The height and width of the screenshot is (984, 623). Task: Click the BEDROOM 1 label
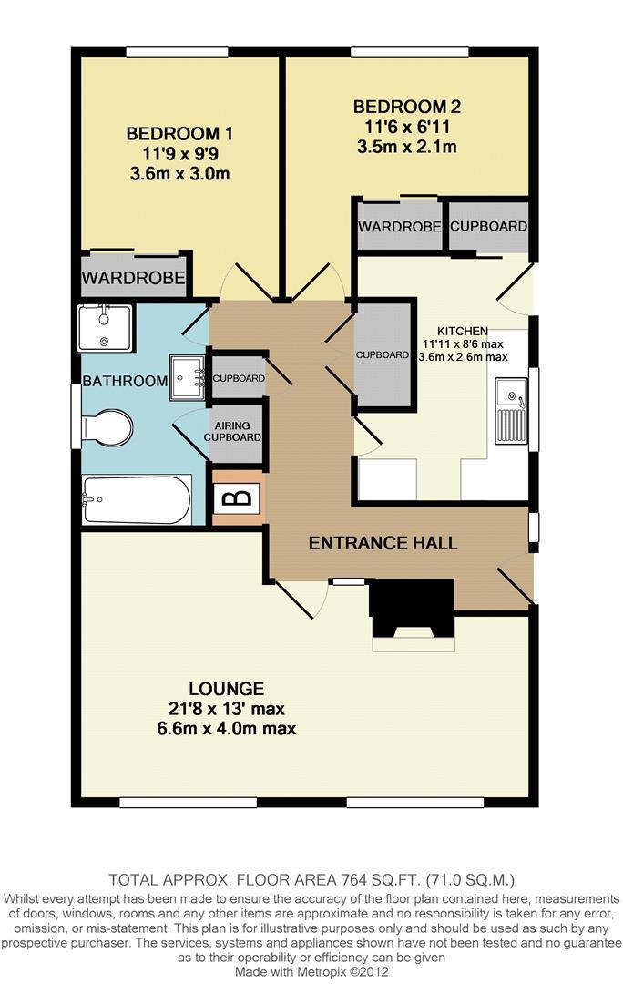[179, 134]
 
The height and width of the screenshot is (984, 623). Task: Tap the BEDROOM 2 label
[407, 107]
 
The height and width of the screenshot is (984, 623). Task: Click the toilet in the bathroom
[107, 429]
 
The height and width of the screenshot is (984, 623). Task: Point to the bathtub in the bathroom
[137, 499]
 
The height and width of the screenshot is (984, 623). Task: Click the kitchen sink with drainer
[511, 410]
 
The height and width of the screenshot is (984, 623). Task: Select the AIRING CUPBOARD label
[232, 431]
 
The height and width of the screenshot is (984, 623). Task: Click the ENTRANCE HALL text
[383, 543]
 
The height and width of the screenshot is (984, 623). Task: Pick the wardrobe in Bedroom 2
[399, 225]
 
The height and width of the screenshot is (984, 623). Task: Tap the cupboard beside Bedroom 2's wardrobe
[488, 226]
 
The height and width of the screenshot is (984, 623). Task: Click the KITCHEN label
[463, 331]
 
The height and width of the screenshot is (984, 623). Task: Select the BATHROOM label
[125, 381]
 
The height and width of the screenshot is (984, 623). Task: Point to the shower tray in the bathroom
[104, 328]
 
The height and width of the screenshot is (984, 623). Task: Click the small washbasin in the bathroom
[187, 377]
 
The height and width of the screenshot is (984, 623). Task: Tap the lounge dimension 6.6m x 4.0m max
[226, 729]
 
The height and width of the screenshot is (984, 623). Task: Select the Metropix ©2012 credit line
[311, 972]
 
